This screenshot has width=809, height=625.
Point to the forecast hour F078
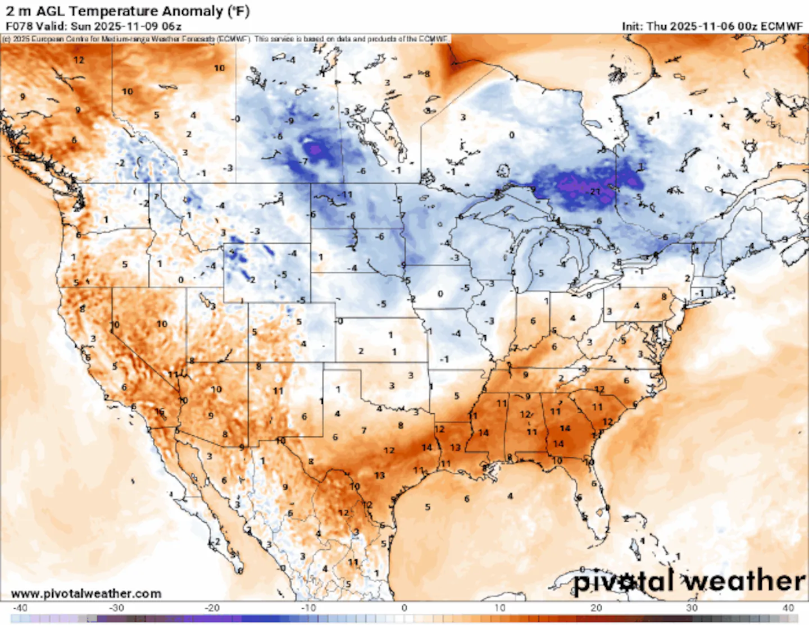pos(19,26)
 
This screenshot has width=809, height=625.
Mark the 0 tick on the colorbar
pos(404,608)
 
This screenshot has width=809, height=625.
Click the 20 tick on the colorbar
pos(596,608)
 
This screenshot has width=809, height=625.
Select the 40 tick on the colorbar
pos(788,608)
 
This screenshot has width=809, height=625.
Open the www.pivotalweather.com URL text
pos(86,594)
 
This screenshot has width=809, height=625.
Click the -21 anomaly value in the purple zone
pos(595,191)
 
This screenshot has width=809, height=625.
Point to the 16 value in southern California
pos(160,412)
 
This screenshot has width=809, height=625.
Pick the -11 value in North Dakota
pos(345,195)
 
